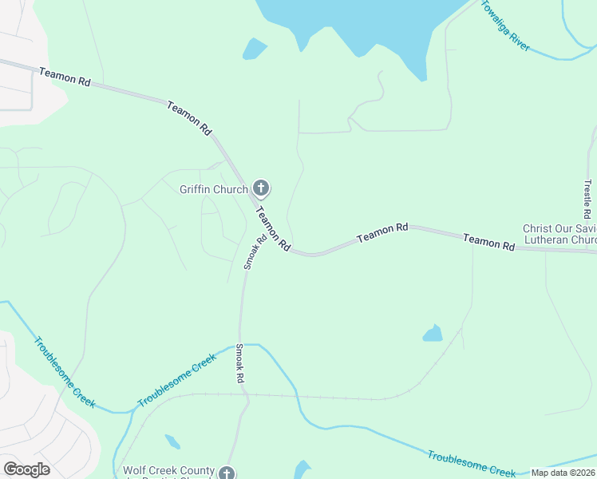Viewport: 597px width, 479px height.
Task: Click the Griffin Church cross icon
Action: point(260,188)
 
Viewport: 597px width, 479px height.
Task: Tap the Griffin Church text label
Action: point(214,189)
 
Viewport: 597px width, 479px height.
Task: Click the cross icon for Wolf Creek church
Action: point(227,473)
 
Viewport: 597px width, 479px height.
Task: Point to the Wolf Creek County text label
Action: point(168,471)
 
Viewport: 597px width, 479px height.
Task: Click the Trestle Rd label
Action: point(587,200)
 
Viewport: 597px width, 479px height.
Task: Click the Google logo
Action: point(26,469)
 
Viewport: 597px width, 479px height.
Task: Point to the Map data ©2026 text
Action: point(563,473)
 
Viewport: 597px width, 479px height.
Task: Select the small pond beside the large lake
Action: point(255,49)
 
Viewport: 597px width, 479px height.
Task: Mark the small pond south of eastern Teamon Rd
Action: point(433,333)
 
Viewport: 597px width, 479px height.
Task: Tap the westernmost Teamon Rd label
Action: point(65,77)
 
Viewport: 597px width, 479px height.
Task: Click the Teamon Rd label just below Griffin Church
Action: point(273,231)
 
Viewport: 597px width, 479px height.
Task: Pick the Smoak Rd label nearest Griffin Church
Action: point(255,252)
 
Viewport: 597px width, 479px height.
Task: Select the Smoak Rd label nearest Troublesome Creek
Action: point(239,364)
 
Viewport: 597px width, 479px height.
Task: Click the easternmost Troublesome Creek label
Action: point(471,463)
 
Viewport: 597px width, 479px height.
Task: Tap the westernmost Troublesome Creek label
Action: point(64,372)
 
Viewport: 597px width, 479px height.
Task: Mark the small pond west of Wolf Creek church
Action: point(172,441)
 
